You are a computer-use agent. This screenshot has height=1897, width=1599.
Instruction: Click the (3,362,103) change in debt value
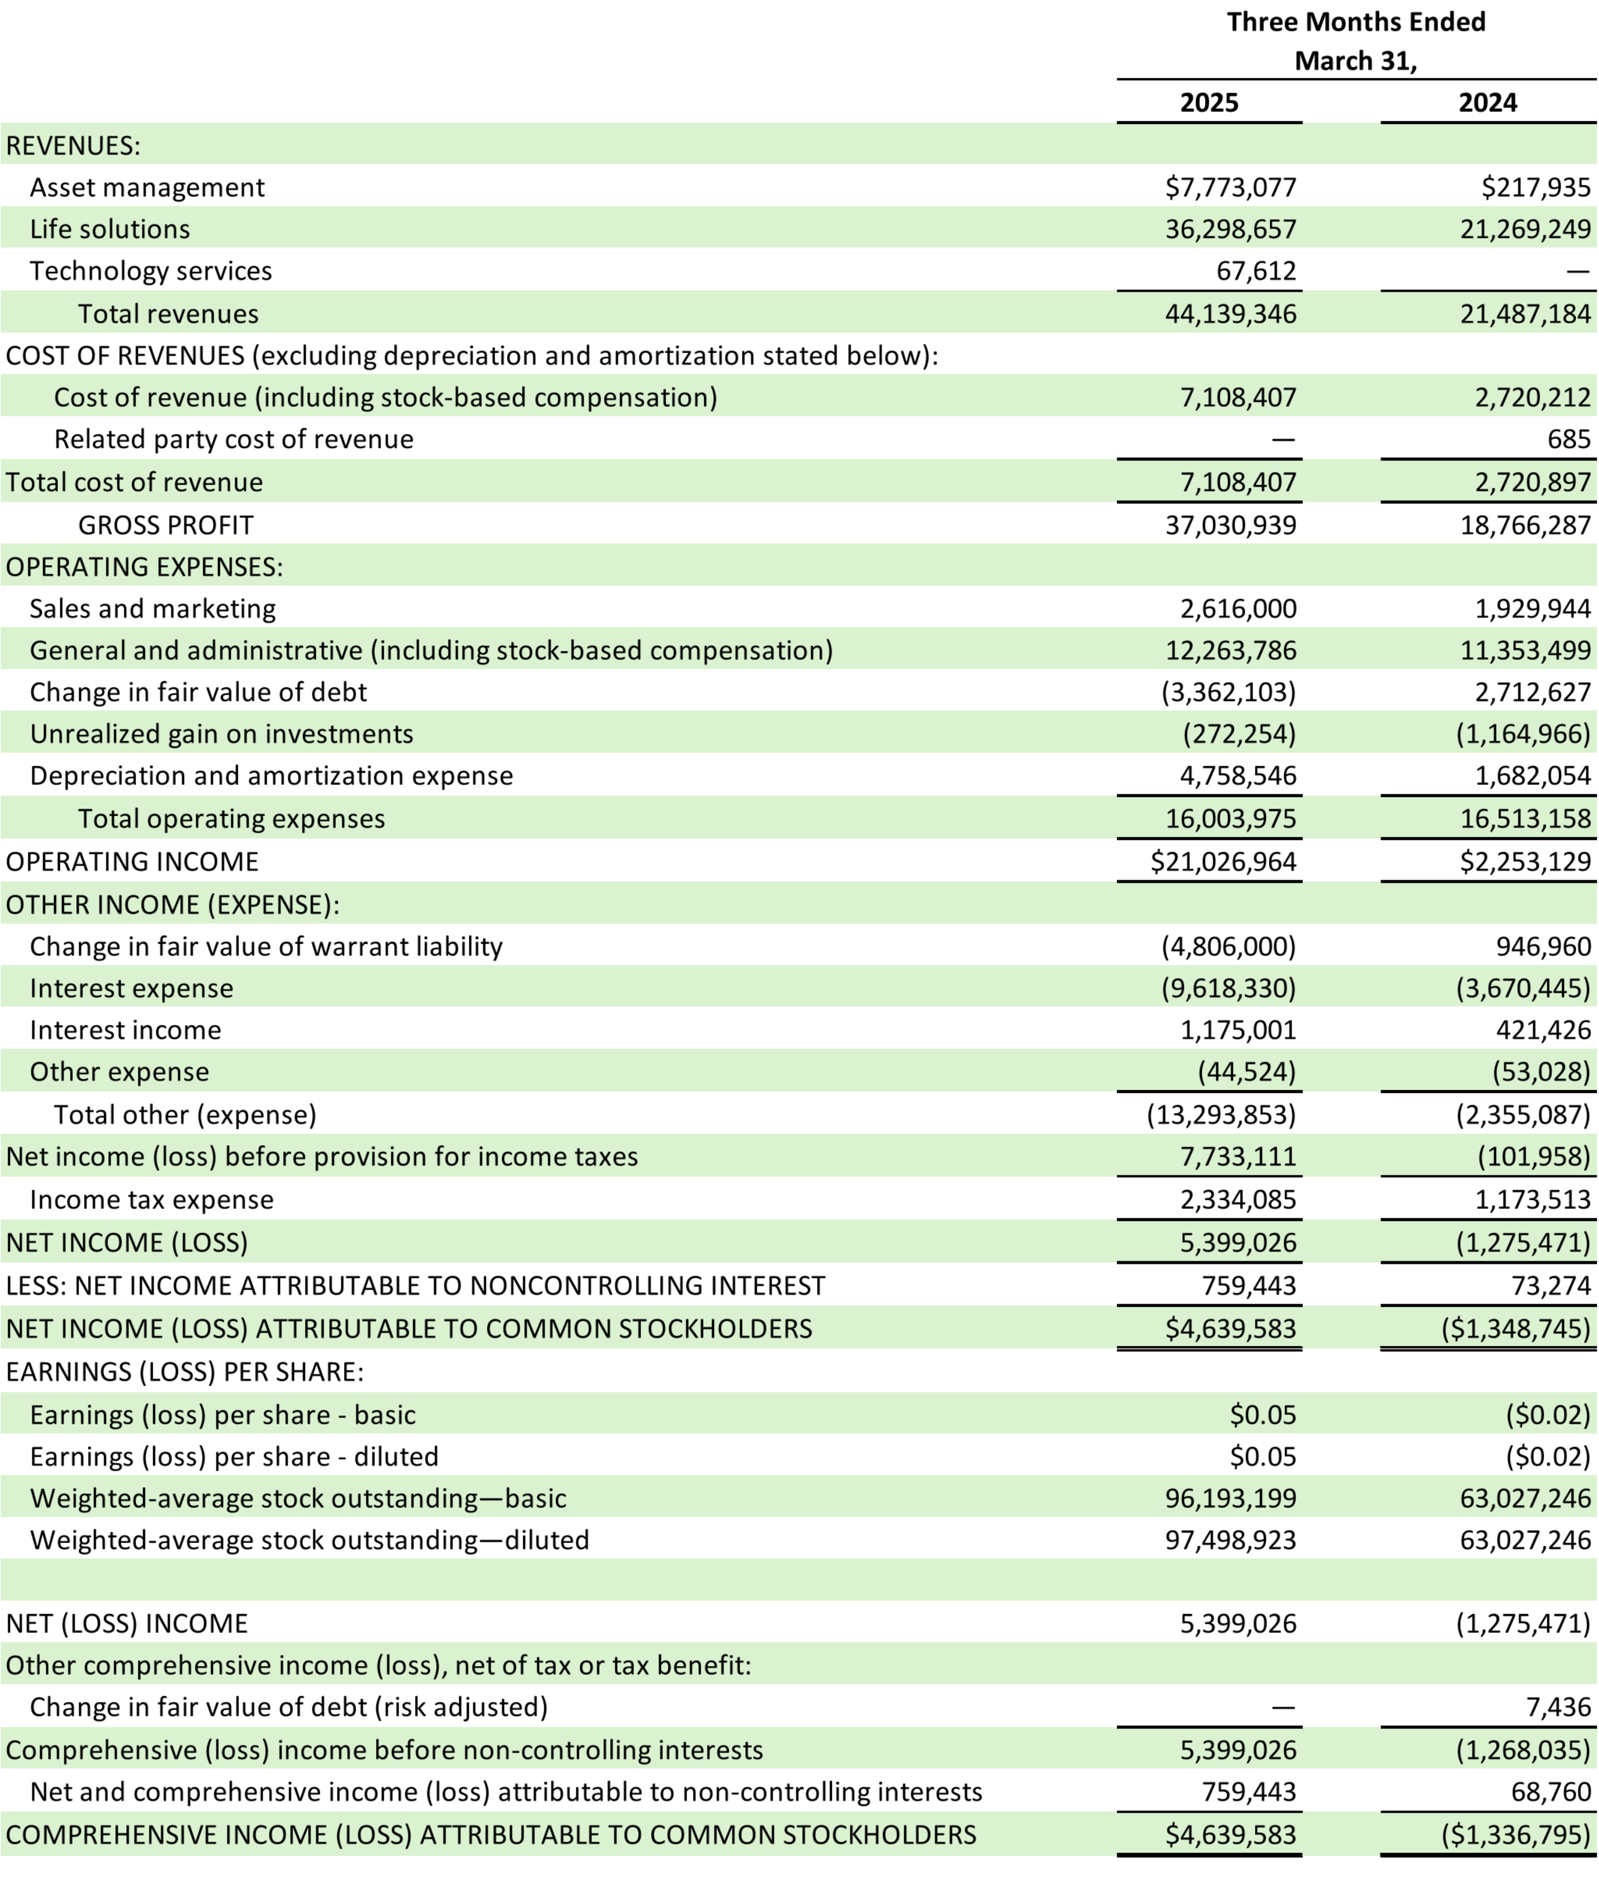1228,693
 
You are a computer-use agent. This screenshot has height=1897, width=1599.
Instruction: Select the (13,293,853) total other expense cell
1221,1115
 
